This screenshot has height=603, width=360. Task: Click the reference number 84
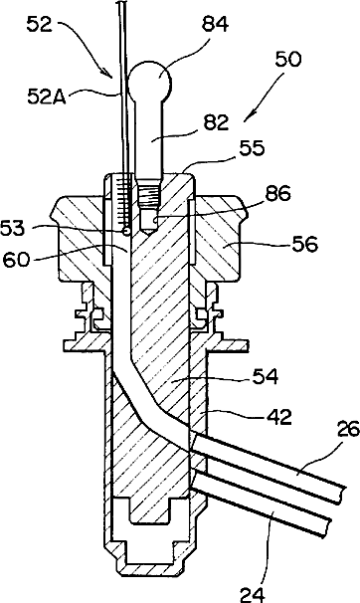(215, 25)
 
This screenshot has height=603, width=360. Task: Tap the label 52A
(47, 97)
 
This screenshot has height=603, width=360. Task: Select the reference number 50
(288, 60)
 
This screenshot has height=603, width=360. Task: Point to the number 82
(215, 123)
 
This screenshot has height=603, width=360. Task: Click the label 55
(252, 148)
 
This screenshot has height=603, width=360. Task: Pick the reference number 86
(276, 195)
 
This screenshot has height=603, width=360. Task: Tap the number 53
(13, 229)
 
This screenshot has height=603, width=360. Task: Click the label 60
(17, 260)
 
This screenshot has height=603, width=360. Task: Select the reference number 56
(304, 245)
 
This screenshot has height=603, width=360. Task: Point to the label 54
(265, 377)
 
